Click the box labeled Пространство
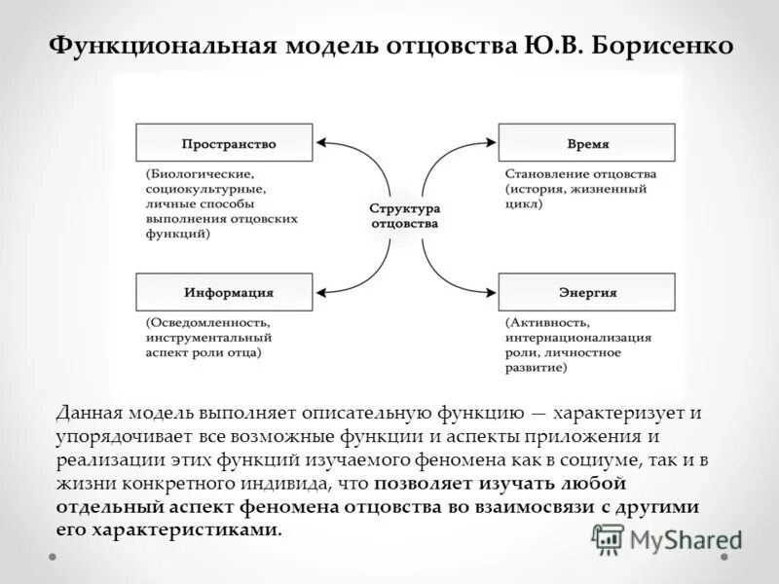[224, 142]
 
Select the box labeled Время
[585, 142]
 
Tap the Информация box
[224, 292]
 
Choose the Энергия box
[585, 292]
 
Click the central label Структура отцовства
[404, 216]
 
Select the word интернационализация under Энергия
[578, 337]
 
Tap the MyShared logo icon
[608, 538]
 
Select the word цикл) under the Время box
[524, 204]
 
